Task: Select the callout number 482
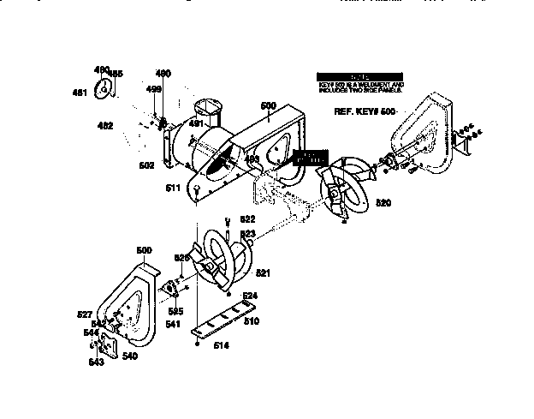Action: point(105,126)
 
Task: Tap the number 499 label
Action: point(153,89)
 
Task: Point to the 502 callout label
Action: point(147,165)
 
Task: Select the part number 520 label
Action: point(383,203)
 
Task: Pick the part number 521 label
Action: point(263,273)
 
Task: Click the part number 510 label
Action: point(252,322)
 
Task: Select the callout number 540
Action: point(129,356)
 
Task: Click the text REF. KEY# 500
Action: point(365,111)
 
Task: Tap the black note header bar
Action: point(357,76)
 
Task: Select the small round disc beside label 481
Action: point(104,87)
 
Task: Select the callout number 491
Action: point(196,124)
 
